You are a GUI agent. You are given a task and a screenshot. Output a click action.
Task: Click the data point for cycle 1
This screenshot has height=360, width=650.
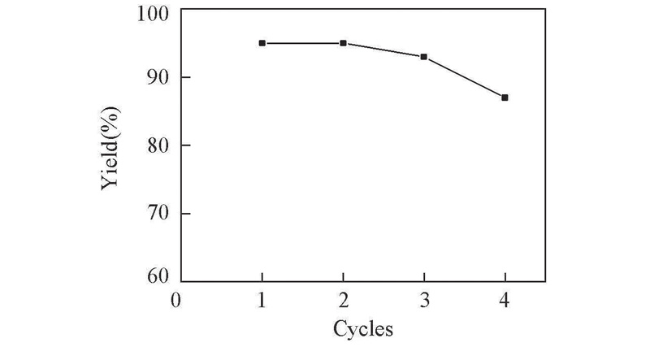tap(262, 43)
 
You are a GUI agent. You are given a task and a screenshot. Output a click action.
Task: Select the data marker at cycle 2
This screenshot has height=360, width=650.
tap(343, 43)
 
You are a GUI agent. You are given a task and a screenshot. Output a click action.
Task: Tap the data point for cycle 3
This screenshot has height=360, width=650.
tap(424, 57)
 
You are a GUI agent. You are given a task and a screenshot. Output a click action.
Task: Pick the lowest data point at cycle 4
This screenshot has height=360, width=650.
tap(505, 98)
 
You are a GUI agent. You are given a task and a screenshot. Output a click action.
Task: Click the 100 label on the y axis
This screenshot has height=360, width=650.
tap(154, 13)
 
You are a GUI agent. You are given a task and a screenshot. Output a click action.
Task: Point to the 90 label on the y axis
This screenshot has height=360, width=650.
tap(158, 78)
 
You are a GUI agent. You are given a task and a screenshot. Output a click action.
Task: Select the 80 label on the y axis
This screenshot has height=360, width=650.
tap(158, 146)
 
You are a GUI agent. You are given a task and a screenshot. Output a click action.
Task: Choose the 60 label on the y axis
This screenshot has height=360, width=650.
tap(158, 277)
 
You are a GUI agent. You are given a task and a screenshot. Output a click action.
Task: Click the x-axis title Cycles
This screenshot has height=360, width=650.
tap(363, 329)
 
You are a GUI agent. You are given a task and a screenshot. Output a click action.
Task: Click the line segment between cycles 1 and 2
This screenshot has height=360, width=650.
tap(302, 43)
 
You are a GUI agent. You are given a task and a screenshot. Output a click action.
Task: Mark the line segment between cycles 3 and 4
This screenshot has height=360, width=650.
tap(465, 77)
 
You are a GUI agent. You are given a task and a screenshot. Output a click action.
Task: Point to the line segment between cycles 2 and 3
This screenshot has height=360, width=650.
tap(383, 50)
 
